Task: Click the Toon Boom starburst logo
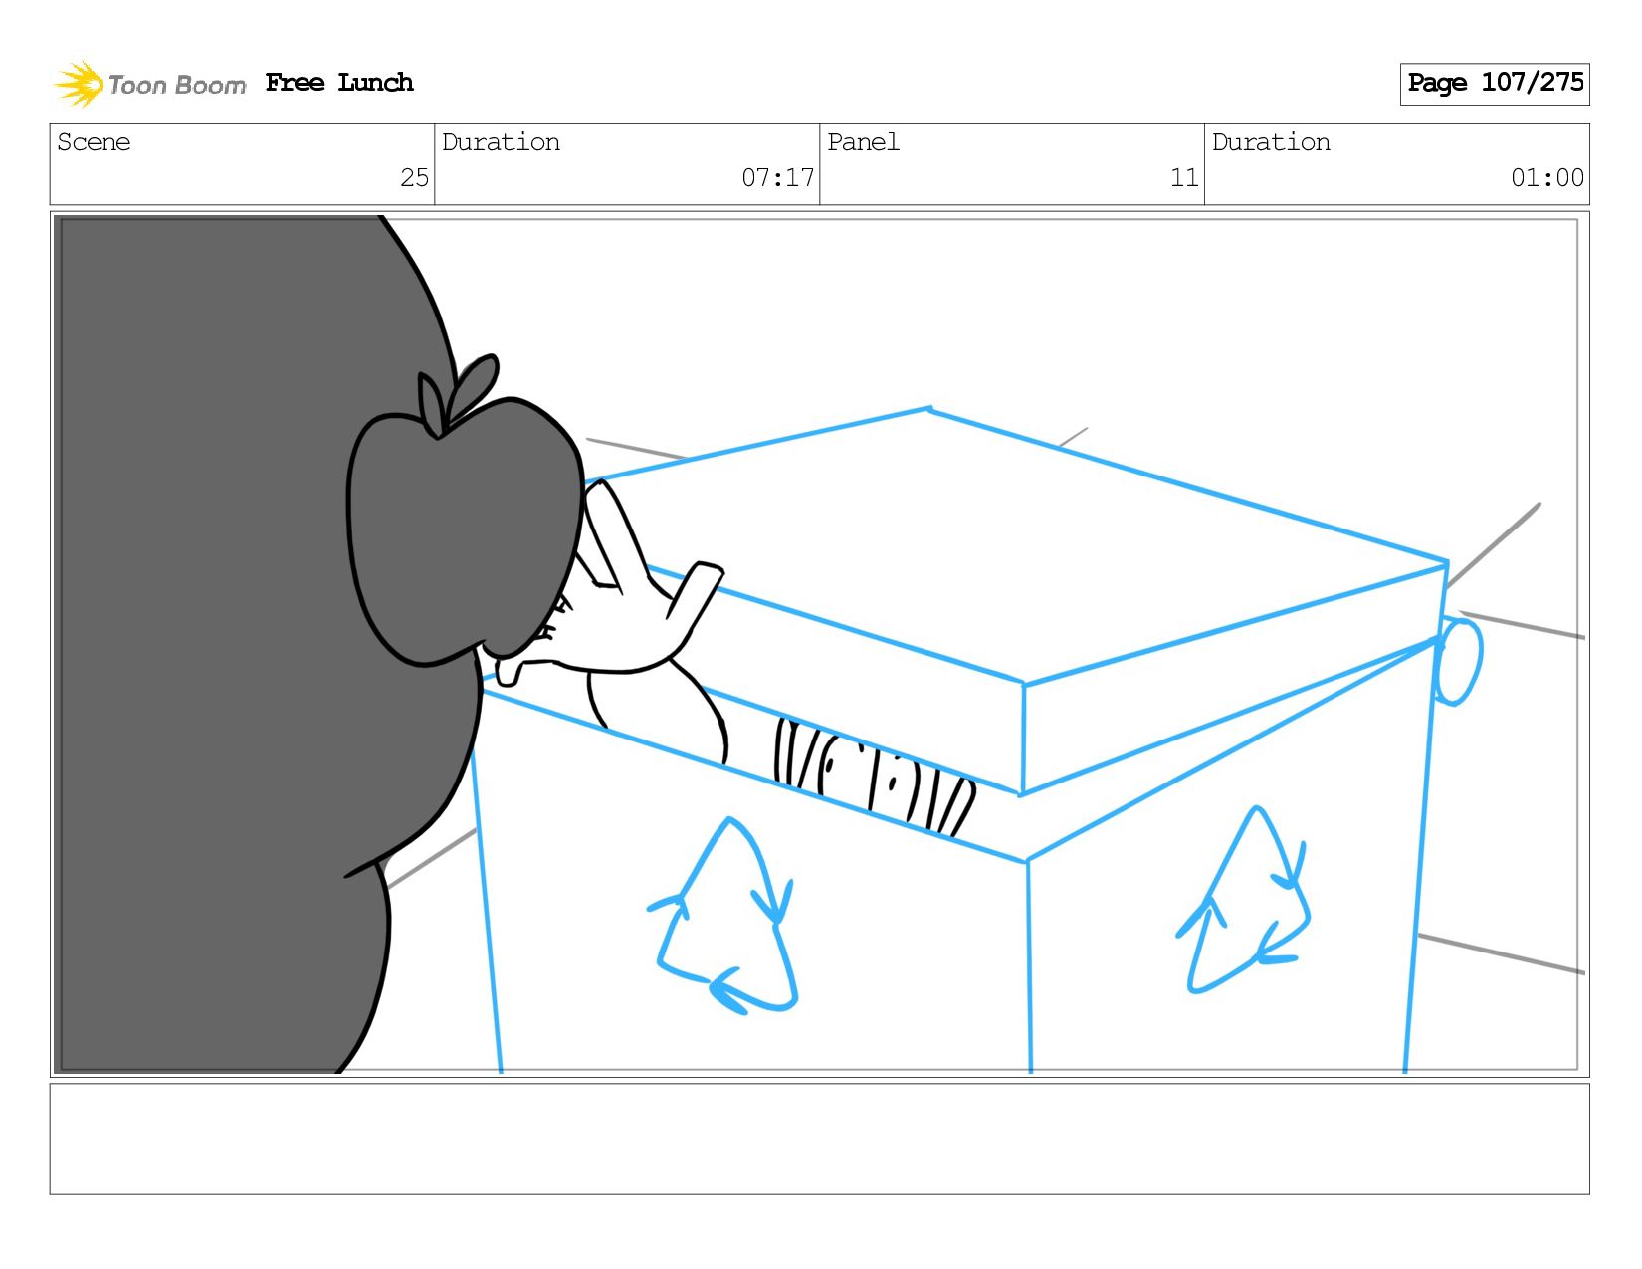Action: pyautogui.click(x=78, y=84)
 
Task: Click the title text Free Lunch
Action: pyautogui.click(x=339, y=83)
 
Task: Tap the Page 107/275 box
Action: pyautogui.click(x=1494, y=84)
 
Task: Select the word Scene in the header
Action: pyautogui.click(x=94, y=142)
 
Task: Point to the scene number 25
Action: pyautogui.click(x=414, y=177)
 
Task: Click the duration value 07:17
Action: pyautogui.click(x=777, y=177)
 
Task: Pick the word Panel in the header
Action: pyautogui.click(x=863, y=142)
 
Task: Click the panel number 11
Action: pyautogui.click(x=1184, y=177)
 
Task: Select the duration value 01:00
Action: pyautogui.click(x=1546, y=177)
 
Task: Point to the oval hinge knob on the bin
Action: pyautogui.click(x=1458, y=662)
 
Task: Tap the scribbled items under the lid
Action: pyautogui.click(x=873, y=774)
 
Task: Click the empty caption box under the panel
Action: pyautogui.click(x=820, y=1139)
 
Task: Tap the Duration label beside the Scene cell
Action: pyautogui.click(x=501, y=142)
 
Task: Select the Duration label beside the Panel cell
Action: pyautogui.click(x=1271, y=142)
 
